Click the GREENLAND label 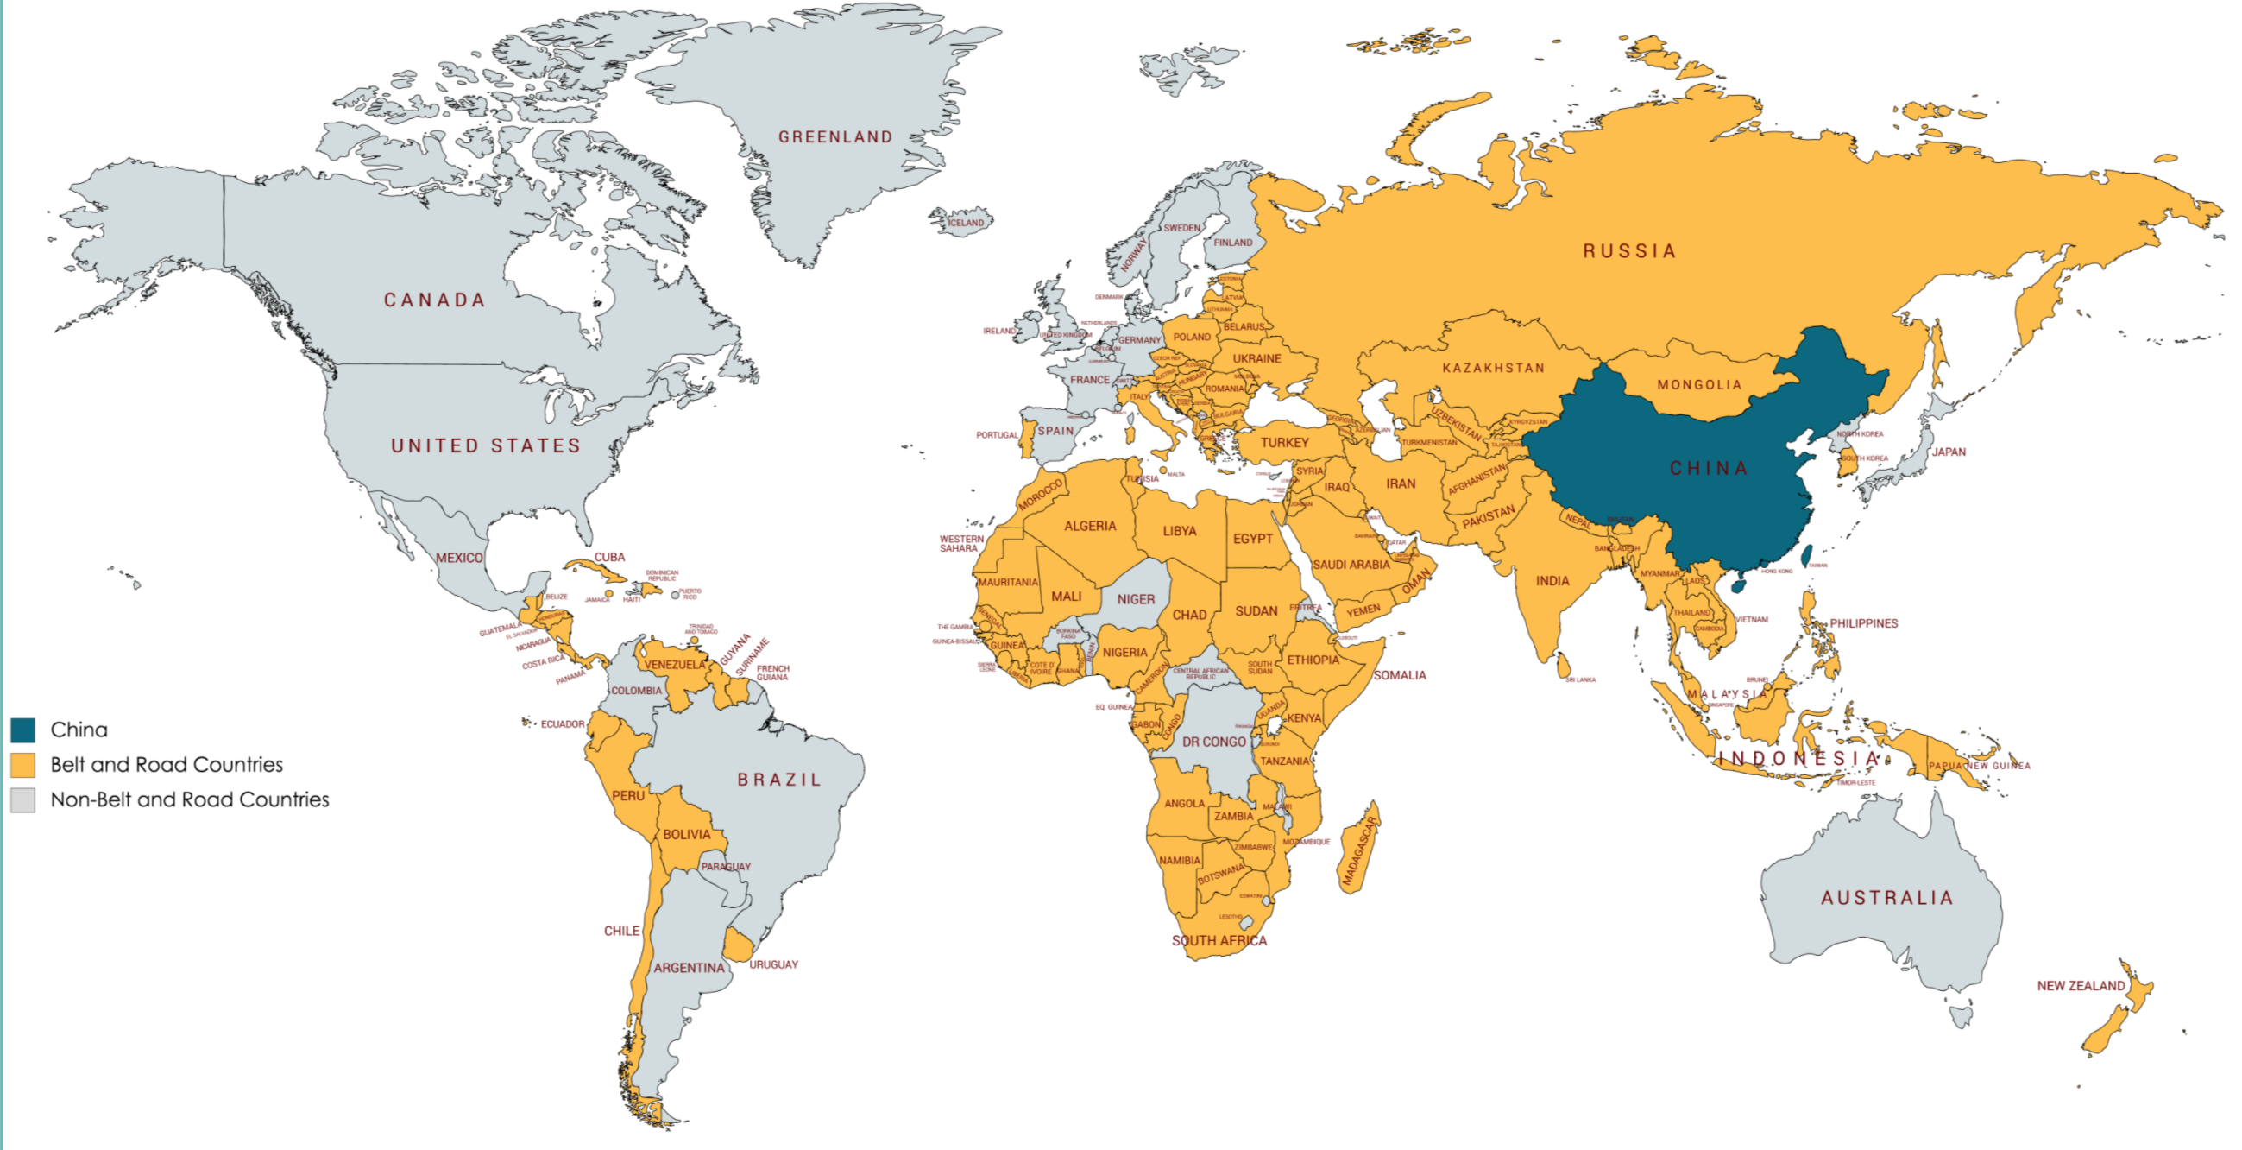(x=834, y=137)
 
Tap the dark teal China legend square (x=22, y=730)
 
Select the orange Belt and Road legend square (x=22, y=765)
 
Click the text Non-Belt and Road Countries (x=190, y=799)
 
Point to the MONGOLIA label (x=1699, y=385)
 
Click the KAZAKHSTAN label (x=1494, y=369)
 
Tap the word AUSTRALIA (x=1887, y=898)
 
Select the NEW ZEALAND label (x=2080, y=985)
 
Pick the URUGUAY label (x=773, y=964)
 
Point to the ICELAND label (x=965, y=223)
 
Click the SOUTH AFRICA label (x=1219, y=941)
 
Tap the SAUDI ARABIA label (x=1351, y=565)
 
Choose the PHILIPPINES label (x=1863, y=623)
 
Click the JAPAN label (x=1949, y=452)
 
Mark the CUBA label (x=609, y=557)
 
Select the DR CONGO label (x=1214, y=742)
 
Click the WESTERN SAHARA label (x=960, y=544)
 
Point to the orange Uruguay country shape (x=738, y=946)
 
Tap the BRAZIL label (x=779, y=780)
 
